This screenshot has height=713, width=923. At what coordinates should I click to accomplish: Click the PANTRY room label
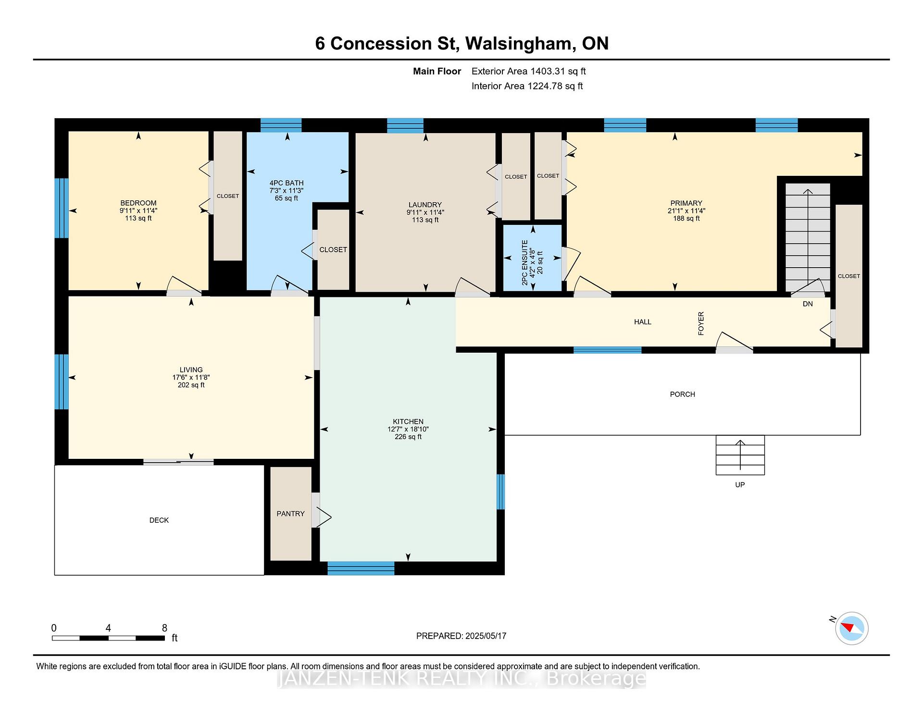coord(290,514)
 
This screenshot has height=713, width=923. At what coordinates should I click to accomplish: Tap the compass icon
coord(851,628)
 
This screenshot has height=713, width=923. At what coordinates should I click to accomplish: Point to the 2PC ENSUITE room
coord(532,258)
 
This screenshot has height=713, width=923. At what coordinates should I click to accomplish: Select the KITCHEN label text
coord(408,421)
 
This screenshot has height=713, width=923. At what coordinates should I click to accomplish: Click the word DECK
coord(159,520)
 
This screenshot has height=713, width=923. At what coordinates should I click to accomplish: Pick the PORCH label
coord(682,394)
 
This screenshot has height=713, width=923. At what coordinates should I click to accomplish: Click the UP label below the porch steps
coord(740,484)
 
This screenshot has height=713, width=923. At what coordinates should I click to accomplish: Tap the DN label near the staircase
coord(808,304)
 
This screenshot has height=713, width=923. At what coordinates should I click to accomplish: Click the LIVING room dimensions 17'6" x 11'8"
coord(191,377)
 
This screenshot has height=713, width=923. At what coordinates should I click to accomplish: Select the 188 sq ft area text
coord(686,218)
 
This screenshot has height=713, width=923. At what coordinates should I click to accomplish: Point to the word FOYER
coord(701,323)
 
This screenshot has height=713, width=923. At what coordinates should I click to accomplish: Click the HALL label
coord(642,322)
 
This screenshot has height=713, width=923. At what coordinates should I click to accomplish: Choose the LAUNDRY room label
coord(425,205)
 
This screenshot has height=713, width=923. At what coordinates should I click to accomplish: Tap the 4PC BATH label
coord(287,183)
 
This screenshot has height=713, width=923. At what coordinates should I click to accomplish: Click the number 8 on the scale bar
coord(164,627)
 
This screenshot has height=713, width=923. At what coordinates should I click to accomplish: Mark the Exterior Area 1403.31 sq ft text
coord(528,71)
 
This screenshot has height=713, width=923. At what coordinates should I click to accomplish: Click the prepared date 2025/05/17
coord(486,636)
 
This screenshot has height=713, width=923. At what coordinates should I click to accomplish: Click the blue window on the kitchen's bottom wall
coord(361,568)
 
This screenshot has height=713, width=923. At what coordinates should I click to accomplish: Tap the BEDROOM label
coord(138,203)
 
